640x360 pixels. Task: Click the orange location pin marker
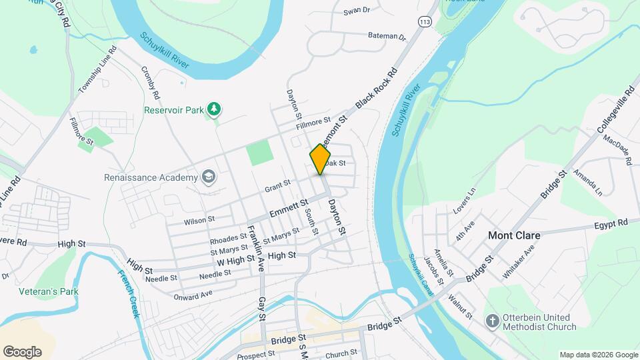[321, 159]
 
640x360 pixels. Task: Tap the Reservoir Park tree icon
[214, 109]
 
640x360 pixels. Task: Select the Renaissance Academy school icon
[209, 177]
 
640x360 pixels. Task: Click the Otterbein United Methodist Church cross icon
[492, 321]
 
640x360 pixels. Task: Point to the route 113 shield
[425, 23]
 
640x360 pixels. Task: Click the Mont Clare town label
[513, 235]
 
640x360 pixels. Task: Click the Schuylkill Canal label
[421, 275]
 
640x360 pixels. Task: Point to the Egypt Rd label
[613, 223]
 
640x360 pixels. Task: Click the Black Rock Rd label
[377, 88]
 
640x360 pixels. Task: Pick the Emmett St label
[289, 207]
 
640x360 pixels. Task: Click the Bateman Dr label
[387, 36]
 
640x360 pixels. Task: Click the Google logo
[22, 351]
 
